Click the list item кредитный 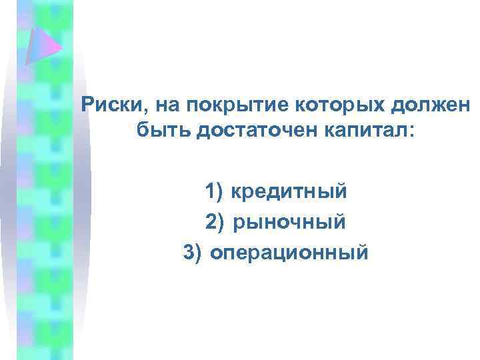click(289, 193)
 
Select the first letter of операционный click(217, 254)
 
